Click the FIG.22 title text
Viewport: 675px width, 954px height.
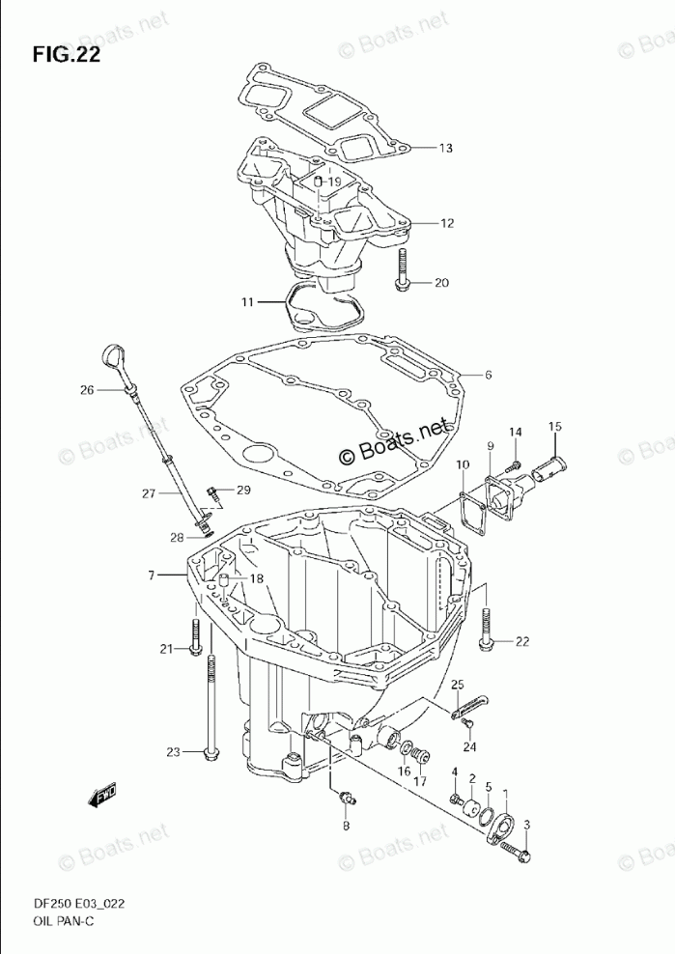tap(66, 54)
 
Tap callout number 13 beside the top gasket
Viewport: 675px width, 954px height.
tap(444, 149)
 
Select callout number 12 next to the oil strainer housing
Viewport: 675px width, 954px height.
tap(446, 223)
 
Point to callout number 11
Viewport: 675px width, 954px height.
tap(247, 303)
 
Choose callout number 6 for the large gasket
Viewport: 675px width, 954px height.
tap(489, 375)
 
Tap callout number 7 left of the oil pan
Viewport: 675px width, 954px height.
tap(152, 575)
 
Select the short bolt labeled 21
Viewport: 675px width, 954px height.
tap(196, 635)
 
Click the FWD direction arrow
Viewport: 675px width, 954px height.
tap(103, 796)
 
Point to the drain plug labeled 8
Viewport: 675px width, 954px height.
tap(347, 798)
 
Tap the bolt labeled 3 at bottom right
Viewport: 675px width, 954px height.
tap(522, 855)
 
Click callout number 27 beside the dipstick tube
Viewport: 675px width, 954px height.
tap(148, 494)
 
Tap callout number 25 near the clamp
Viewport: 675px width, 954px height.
tap(458, 685)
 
